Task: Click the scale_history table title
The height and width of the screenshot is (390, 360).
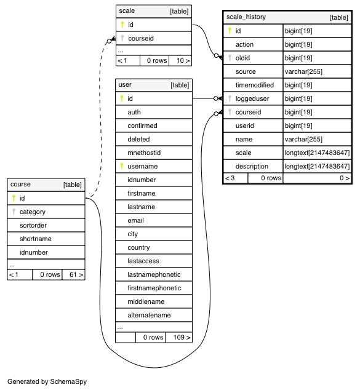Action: pos(246,17)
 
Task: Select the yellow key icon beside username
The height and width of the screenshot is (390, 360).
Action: pos(122,166)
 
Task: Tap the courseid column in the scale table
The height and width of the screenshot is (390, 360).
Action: pos(141,38)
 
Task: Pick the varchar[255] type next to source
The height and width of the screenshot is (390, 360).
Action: pos(303,71)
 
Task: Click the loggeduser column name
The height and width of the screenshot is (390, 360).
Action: pos(252,99)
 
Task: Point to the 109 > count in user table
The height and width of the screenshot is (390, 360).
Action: pos(182,337)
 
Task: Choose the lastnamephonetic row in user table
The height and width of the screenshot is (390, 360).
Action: pos(154,274)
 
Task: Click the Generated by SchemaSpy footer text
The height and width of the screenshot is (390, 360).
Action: pos(47,381)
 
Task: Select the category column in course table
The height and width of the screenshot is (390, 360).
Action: pos(33,212)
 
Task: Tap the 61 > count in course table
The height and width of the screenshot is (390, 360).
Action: pos(76,274)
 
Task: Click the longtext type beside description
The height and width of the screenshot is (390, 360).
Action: pos(317,166)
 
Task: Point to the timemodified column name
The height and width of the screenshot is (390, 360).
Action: pos(255,85)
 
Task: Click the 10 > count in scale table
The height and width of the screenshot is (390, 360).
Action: pos(183,60)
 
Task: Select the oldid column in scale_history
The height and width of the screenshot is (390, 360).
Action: pos(242,58)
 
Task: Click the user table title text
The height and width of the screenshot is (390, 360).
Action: pos(125,84)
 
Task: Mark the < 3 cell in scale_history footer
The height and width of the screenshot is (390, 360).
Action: pos(230,178)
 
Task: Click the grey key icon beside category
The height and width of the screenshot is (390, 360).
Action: pos(14,212)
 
